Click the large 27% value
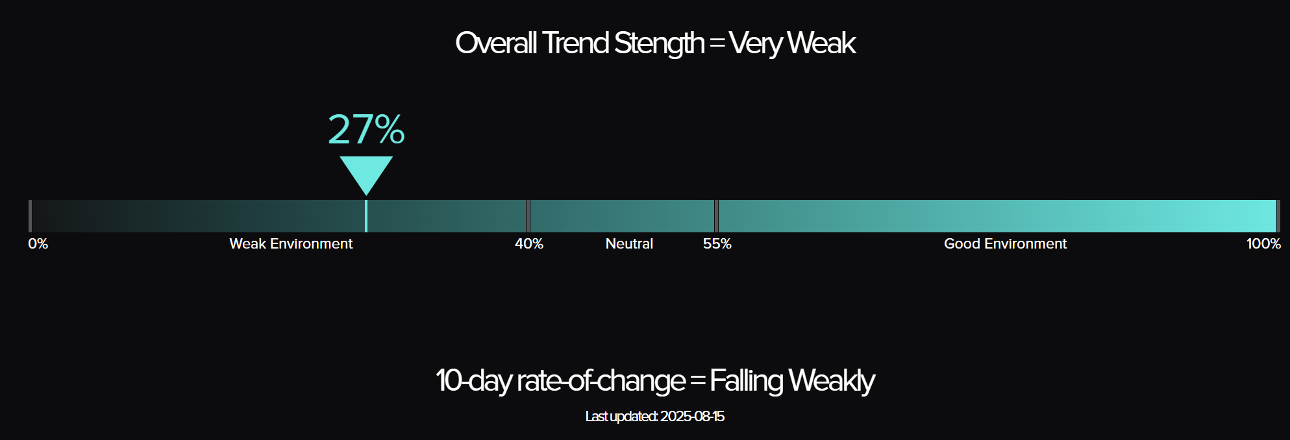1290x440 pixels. (x=366, y=129)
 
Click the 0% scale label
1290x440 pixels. (x=38, y=244)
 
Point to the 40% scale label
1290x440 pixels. (x=529, y=244)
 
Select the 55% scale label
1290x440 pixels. (x=717, y=244)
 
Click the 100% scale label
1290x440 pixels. (x=1263, y=244)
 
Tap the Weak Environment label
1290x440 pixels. (x=291, y=244)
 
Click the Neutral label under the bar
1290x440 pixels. (x=629, y=244)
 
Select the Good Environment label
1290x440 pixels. (x=1005, y=244)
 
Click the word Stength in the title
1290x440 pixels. (x=659, y=44)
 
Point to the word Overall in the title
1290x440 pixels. (x=496, y=43)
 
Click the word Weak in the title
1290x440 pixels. (x=821, y=43)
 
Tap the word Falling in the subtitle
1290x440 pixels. (x=746, y=381)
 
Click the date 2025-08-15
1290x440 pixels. (x=692, y=417)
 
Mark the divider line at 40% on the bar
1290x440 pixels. (x=528, y=216)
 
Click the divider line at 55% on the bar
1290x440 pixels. (x=716, y=216)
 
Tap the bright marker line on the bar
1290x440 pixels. (x=366, y=216)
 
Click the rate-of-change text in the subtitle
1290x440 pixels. (x=601, y=381)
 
